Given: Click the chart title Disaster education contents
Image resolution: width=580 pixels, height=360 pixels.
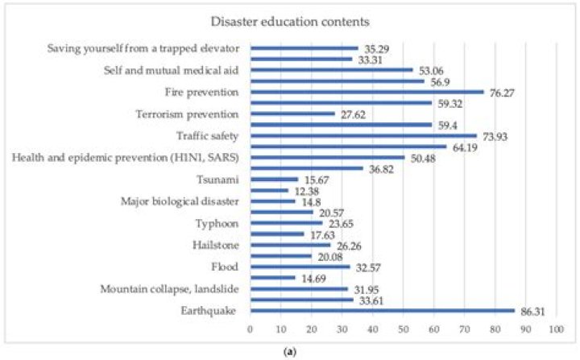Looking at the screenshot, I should [289, 21].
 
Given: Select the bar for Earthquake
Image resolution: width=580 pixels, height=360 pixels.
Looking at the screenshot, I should [382, 310].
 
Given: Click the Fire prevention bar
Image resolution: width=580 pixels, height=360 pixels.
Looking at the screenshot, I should [367, 92].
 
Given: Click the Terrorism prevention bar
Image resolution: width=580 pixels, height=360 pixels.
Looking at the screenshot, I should [292, 114].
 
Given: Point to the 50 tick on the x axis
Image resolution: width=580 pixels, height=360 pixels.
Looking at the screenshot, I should [403, 330].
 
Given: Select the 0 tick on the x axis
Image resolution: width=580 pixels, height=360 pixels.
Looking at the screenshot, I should [251, 330].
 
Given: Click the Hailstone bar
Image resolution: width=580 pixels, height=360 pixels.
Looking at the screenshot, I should [290, 245].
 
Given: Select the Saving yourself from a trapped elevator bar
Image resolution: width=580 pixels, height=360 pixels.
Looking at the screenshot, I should [304, 48].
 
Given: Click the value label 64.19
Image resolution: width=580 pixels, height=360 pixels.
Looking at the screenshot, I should [466, 147].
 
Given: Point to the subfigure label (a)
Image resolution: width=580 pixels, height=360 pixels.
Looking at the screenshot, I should [289, 353].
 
